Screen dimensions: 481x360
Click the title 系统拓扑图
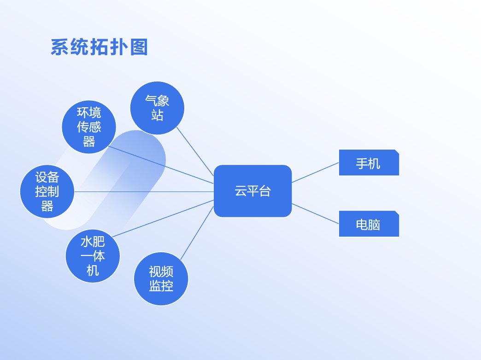[x=100, y=47]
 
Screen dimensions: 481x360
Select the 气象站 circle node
[x=157, y=108]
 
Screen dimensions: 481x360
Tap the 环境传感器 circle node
[x=89, y=127]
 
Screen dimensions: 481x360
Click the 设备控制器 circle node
[x=47, y=192]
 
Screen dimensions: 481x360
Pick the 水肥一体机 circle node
[x=93, y=256]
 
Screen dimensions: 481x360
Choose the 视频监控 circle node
[x=161, y=279]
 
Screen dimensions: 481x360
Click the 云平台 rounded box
[x=253, y=191]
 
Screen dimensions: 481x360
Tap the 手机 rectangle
[x=369, y=163]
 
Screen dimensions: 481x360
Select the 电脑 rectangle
[x=369, y=224]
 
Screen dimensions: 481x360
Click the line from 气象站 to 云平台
[x=195, y=151]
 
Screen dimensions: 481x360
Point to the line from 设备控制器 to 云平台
[x=144, y=192]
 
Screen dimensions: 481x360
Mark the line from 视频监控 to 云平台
[x=197, y=233]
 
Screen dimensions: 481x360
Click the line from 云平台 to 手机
[x=315, y=173]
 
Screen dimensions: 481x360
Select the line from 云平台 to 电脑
[x=315, y=214]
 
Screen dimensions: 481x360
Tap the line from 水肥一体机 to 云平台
[x=163, y=219]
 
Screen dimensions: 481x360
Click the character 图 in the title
[x=139, y=47]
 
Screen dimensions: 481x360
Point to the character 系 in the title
[x=59, y=47]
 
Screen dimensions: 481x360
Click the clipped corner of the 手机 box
[x=397, y=151]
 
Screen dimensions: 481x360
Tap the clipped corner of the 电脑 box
[x=397, y=213]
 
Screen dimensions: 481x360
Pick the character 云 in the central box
[x=241, y=191]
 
